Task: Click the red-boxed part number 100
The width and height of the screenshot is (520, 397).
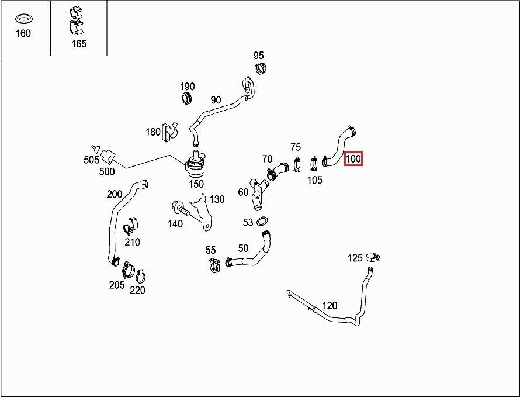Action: click(353, 158)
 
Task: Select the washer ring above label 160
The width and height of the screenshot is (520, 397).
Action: click(23, 19)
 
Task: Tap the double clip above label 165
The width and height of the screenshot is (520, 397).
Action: click(77, 20)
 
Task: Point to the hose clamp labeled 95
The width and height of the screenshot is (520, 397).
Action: click(261, 68)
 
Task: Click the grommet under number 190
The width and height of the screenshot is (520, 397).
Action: click(188, 98)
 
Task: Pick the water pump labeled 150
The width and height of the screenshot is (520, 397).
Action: click(196, 164)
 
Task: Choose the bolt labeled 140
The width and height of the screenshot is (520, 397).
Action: click(181, 209)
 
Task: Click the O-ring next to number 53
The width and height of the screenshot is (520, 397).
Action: click(262, 221)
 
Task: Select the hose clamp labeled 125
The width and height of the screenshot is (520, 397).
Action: click(373, 257)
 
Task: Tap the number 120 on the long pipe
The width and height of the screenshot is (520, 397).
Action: click(330, 305)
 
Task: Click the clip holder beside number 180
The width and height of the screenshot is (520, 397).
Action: click(169, 132)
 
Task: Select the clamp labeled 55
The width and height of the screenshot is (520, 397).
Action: click(215, 265)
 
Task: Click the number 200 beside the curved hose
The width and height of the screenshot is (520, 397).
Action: click(115, 194)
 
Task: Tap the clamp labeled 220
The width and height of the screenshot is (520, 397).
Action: click(141, 276)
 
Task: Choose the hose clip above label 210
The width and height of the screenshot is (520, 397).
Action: click(131, 226)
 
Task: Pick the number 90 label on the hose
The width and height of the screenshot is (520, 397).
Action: click(216, 99)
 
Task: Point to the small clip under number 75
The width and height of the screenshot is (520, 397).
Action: click(297, 164)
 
